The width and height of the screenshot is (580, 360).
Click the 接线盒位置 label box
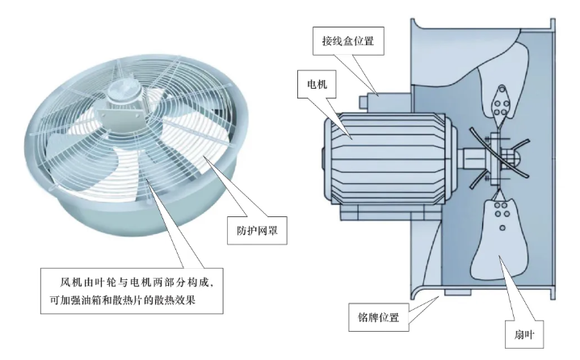(x=348, y=40)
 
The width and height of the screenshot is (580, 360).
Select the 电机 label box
(x=317, y=84)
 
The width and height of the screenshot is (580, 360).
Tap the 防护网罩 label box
(x=257, y=231)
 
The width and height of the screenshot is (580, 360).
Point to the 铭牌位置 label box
(x=378, y=317)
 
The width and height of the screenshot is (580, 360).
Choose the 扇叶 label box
(x=523, y=334)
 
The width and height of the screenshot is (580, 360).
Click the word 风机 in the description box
(x=72, y=283)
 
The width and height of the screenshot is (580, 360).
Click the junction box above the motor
(x=385, y=102)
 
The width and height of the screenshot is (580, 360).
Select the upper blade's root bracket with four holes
(x=501, y=104)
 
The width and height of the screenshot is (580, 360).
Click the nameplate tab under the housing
(x=457, y=293)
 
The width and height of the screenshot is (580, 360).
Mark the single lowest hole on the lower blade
(x=502, y=228)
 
